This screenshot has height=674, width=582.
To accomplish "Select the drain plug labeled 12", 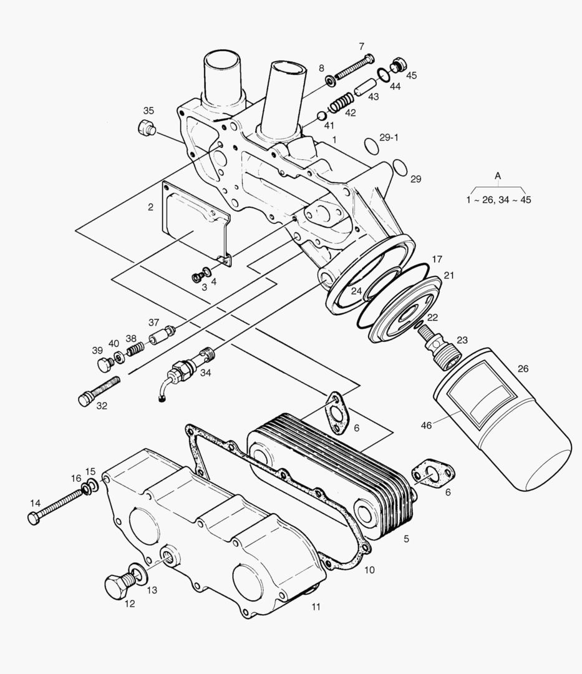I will [x=117, y=585].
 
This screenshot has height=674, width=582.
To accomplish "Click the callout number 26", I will [x=523, y=368].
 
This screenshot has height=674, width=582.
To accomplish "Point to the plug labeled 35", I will [x=145, y=130].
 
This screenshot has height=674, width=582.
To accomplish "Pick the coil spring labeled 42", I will [x=341, y=102].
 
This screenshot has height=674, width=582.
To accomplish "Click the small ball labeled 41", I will [x=321, y=116].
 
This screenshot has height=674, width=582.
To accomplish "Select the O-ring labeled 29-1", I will [x=371, y=145].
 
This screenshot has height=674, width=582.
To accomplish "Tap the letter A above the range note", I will [x=498, y=176].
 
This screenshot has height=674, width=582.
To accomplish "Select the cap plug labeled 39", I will [x=102, y=364].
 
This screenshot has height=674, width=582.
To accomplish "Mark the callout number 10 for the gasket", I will [x=369, y=570].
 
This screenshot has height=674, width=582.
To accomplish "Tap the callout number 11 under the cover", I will [x=316, y=607].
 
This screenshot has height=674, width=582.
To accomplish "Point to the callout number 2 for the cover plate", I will [x=150, y=207].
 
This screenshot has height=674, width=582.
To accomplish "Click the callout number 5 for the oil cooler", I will [x=406, y=538].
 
